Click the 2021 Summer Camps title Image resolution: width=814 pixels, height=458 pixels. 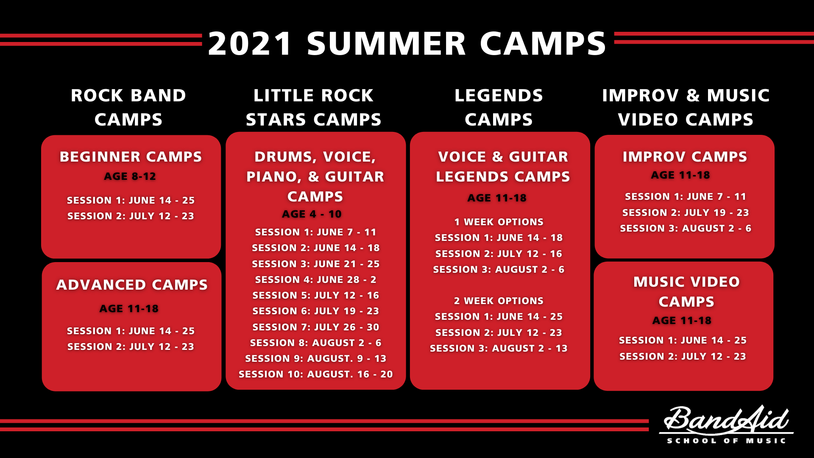pos(407,43)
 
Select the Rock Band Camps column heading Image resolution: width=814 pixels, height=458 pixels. pos(128,107)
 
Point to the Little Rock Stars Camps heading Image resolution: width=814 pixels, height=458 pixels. pos(314,107)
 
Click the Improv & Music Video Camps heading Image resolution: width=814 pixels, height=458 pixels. pos(686,107)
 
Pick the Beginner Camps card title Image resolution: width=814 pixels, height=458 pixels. pos(131,156)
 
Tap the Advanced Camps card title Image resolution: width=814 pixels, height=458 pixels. pos(132,285)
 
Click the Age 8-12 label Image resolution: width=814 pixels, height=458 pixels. pos(130,176)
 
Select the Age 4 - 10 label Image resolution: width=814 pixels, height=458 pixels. pos(312,214)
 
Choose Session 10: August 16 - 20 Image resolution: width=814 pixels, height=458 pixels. pos(316,374)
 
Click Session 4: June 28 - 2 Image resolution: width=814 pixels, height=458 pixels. pos(316,279)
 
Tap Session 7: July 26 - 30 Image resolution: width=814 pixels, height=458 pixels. pos(316,327)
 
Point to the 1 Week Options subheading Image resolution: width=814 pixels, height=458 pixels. pos(499,222)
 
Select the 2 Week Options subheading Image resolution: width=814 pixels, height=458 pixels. pos(499,301)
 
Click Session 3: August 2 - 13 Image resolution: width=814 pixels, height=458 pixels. pos(499,348)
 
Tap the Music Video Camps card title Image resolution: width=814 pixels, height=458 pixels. pos(686,291)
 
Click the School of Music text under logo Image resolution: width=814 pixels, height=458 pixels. pos(727,441)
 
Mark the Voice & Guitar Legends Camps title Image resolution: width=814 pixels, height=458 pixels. pos(503,166)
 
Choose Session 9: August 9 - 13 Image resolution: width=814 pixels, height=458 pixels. pos(316,358)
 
